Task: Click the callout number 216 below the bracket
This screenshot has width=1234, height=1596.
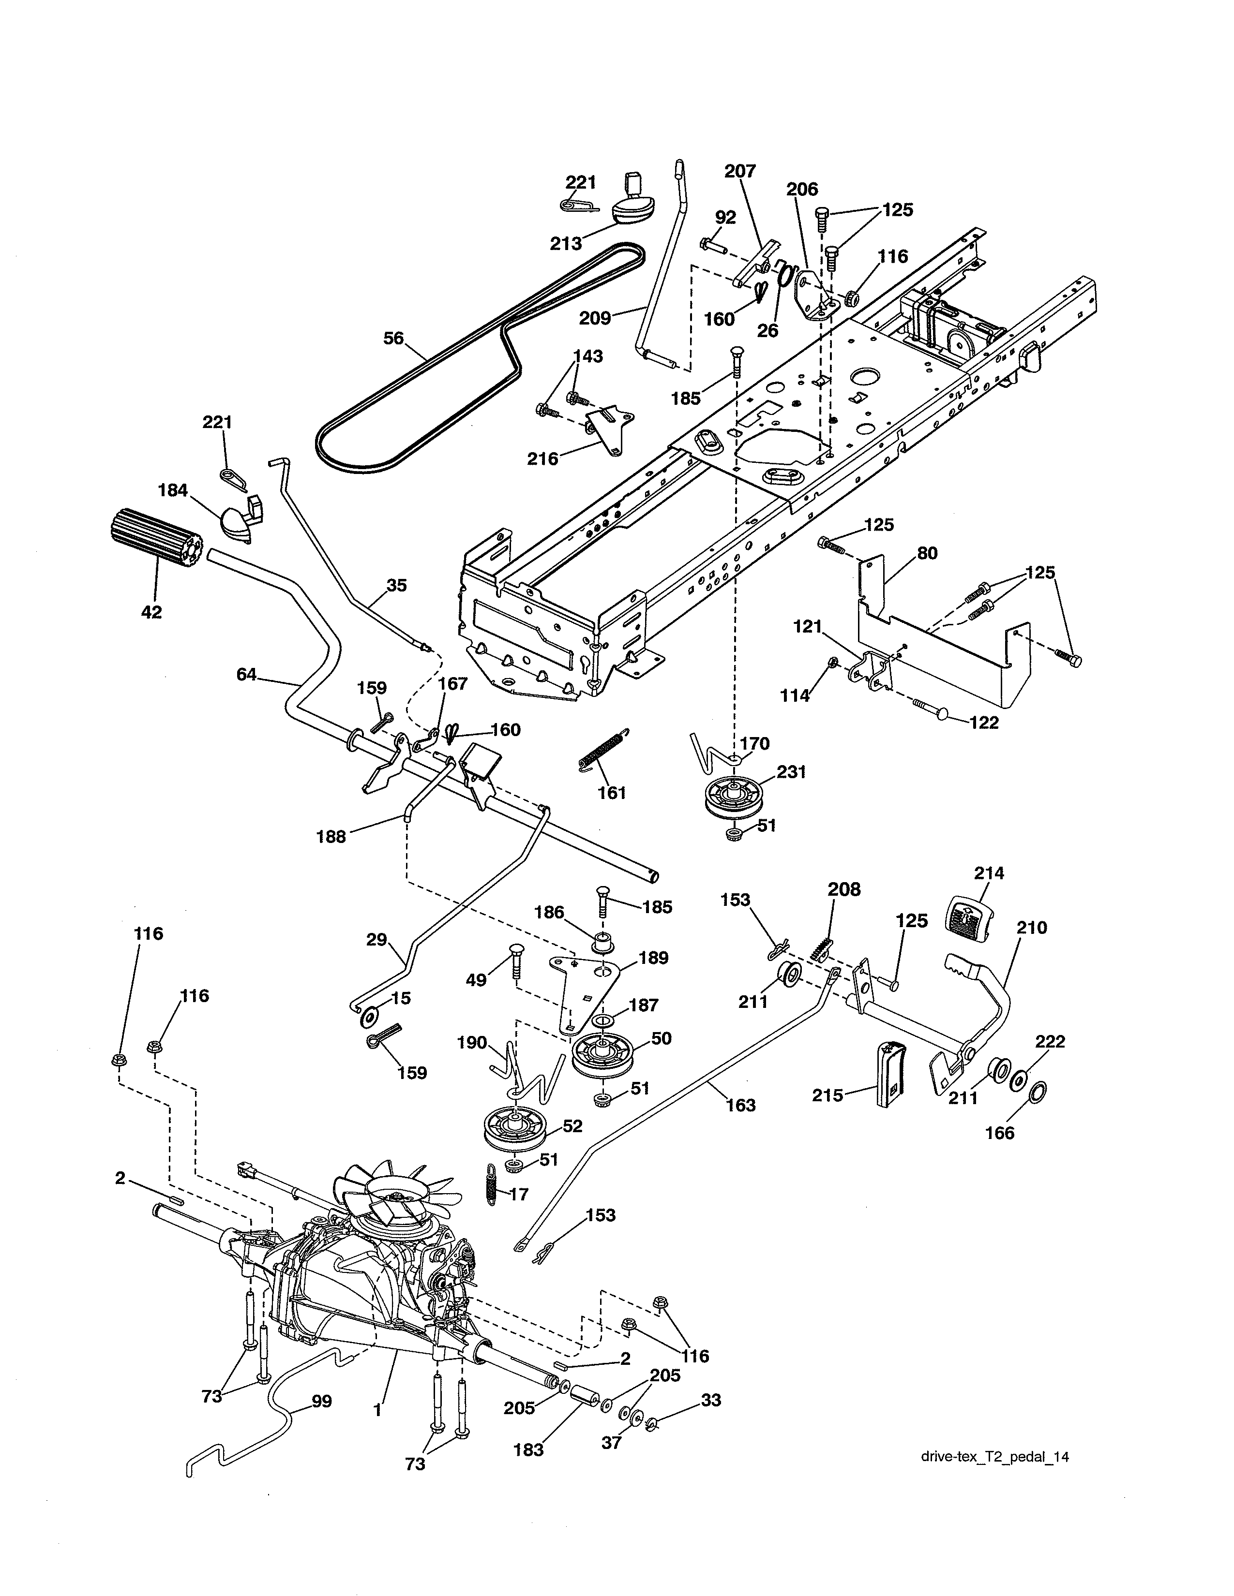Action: point(542,459)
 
